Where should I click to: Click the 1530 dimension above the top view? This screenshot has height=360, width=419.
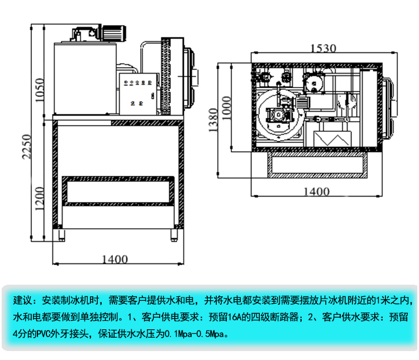[323, 48]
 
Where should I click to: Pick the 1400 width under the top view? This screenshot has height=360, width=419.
[316, 191]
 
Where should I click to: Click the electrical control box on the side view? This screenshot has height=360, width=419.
[139, 92]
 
